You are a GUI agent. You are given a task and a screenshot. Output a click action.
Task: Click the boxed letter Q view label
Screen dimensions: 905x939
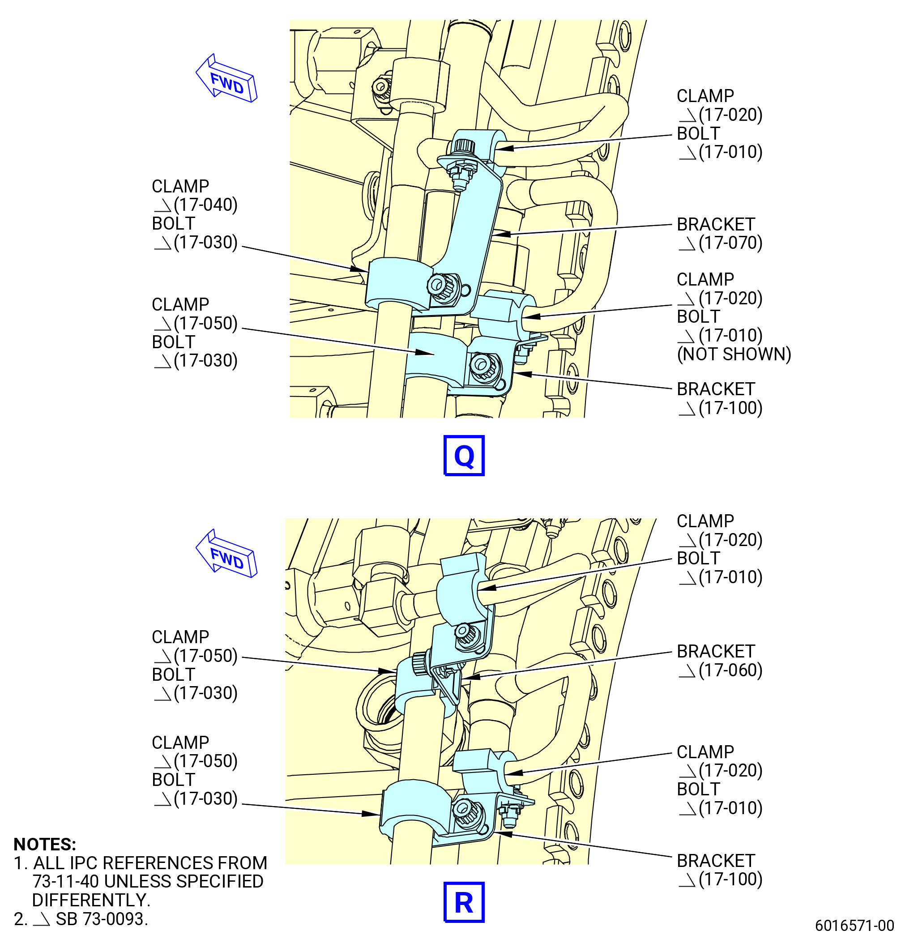(x=464, y=455)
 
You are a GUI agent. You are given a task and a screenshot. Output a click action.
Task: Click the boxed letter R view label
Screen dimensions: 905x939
(x=464, y=902)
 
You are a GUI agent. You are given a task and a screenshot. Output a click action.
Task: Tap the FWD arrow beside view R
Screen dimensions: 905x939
(x=226, y=554)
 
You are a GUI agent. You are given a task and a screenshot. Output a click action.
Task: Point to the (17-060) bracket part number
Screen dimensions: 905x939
(x=730, y=670)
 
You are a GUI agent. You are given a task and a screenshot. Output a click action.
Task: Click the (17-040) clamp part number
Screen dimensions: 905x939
(x=205, y=205)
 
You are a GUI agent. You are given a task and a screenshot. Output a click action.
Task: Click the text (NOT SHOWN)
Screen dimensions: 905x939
(x=734, y=354)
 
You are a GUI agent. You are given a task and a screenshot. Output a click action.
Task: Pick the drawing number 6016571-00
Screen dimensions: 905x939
(x=854, y=925)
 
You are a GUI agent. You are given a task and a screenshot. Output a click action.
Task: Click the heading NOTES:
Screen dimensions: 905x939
(x=45, y=844)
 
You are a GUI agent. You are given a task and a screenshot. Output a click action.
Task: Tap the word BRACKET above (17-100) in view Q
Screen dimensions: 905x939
(x=716, y=389)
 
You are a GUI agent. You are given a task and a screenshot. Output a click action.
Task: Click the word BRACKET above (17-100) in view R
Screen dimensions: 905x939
(x=716, y=860)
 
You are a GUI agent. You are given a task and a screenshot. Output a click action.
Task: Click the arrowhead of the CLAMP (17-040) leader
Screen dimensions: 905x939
(x=359, y=270)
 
